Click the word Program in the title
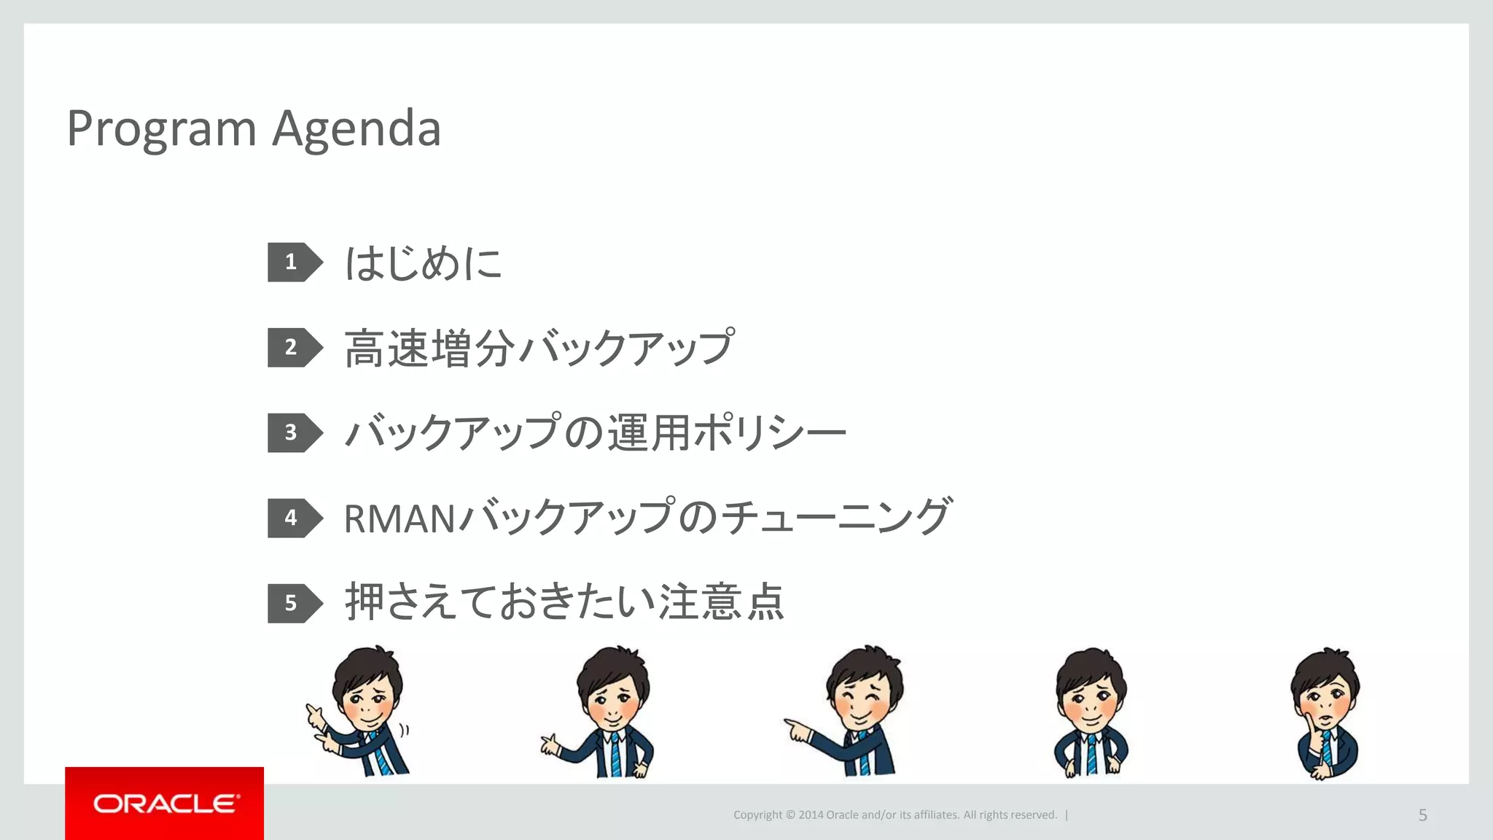[x=161, y=129]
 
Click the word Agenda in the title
[x=356, y=129]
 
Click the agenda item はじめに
[x=423, y=262]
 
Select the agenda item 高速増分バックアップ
[x=539, y=348]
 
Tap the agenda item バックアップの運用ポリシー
[x=595, y=432]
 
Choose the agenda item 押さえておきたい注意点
[x=564, y=602]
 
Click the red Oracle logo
[x=165, y=804]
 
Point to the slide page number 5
[x=1422, y=815]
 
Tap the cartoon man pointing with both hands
[x=361, y=711]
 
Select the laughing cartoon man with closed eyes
[x=853, y=711]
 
